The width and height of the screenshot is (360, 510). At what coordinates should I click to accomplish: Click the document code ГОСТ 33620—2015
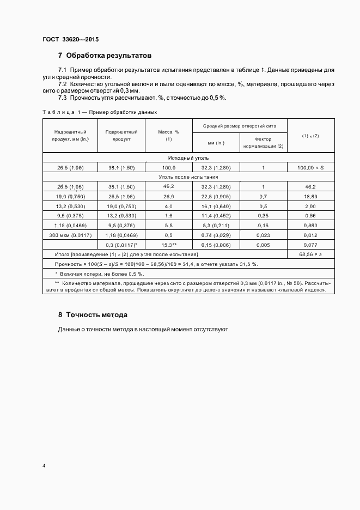[x=70, y=39]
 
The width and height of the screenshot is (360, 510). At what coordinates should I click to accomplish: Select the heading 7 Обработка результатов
[x=105, y=56]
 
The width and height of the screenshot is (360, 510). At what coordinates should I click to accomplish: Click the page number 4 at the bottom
[x=44, y=466]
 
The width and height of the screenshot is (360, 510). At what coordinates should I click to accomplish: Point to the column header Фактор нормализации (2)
[x=264, y=142]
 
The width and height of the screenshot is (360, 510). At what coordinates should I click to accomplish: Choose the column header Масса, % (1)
[x=169, y=136]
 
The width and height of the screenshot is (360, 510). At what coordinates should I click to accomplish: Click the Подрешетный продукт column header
[x=121, y=136]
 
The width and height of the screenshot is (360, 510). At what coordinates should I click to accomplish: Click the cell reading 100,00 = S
[x=310, y=167]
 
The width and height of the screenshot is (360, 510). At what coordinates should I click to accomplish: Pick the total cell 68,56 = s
[x=310, y=254]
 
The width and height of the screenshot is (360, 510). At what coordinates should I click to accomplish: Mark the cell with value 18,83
[x=310, y=197]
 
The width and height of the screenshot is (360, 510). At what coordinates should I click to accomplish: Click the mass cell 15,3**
[x=169, y=245]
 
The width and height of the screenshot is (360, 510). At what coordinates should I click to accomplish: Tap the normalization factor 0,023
[x=263, y=235]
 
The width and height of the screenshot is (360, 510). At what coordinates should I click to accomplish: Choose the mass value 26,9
[x=169, y=197]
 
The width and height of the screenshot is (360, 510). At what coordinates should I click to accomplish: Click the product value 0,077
[x=310, y=245]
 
